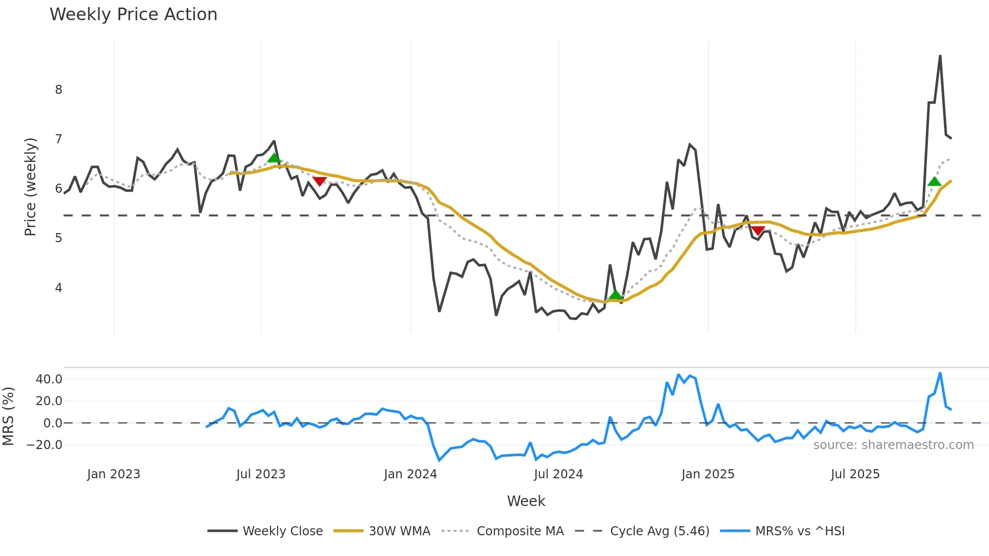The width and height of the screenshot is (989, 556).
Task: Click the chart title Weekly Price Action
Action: tap(133, 15)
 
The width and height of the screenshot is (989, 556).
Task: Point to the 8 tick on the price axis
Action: tap(59, 90)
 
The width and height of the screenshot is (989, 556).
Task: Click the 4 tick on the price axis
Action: tap(59, 288)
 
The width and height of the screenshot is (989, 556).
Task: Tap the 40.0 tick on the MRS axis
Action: tap(49, 379)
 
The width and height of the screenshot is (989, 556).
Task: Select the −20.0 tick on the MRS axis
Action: tap(45, 445)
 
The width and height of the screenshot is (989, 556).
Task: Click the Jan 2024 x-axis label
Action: tap(410, 474)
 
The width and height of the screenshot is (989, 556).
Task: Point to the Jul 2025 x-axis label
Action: tap(855, 474)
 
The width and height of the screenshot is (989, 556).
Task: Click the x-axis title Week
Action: tap(526, 501)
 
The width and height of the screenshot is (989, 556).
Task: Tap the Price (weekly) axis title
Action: tap(30, 187)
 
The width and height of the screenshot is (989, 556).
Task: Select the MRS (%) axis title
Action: tap(8, 416)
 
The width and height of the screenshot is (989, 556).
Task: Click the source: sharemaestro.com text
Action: tap(893, 445)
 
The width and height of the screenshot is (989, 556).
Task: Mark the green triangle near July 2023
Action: tap(273, 158)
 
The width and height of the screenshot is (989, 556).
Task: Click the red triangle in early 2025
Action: tap(758, 231)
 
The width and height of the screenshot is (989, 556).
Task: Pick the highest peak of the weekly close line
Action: tap(940, 56)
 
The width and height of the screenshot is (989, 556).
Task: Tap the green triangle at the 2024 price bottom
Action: tap(615, 295)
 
